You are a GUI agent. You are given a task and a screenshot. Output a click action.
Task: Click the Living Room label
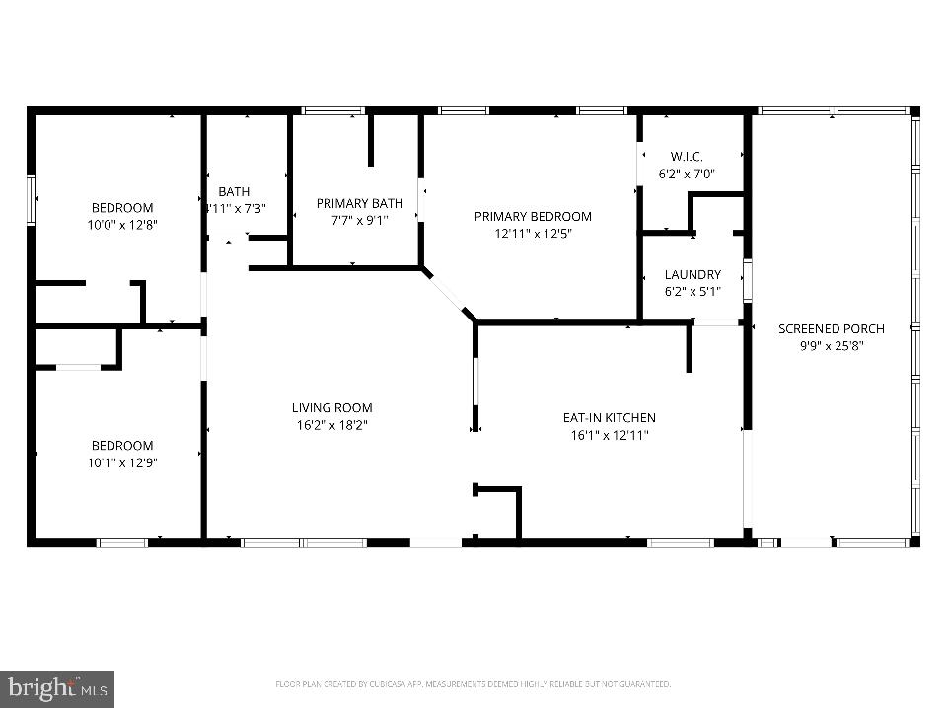click(x=331, y=407)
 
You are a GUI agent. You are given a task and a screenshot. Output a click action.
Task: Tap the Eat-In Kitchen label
click(x=609, y=417)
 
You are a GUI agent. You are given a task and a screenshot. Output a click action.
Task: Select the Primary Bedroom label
click(x=533, y=216)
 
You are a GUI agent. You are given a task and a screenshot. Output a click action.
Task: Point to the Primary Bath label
click(x=359, y=203)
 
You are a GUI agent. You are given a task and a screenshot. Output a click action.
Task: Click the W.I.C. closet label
click(x=687, y=157)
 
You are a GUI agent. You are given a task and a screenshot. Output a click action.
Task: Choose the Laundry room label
click(x=692, y=274)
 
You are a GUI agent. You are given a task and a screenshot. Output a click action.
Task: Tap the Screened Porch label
click(x=831, y=328)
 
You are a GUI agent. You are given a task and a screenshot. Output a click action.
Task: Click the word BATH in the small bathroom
click(x=234, y=191)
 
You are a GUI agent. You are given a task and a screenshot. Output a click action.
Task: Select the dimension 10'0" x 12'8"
click(x=122, y=225)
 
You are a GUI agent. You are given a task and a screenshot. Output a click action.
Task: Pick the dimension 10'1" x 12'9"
click(x=122, y=462)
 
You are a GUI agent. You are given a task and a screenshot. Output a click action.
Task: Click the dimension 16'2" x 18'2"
click(x=331, y=425)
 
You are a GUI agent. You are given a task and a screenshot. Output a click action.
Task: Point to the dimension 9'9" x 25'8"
click(x=831, y=346)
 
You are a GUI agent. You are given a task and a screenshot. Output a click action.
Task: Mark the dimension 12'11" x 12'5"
click(x=533, y=234)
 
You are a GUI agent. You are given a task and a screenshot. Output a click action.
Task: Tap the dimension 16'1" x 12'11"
click(x=609, y=435)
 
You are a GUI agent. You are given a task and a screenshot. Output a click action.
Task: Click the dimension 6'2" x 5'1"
click(x=692, y=292)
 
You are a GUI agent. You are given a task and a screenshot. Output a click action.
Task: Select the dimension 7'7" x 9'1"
click(x=359, y=221)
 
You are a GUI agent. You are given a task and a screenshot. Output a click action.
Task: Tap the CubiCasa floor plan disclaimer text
click(x=473, y=683)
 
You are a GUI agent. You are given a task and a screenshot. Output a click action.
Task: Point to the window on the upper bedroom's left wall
click(x=31, y=199)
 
